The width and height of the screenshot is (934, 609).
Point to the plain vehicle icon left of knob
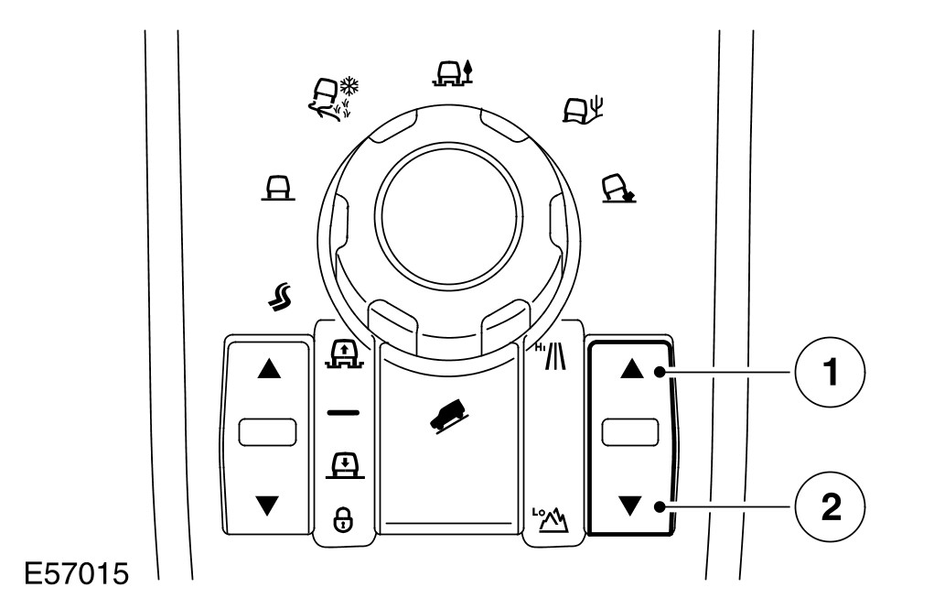pos(274,189)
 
